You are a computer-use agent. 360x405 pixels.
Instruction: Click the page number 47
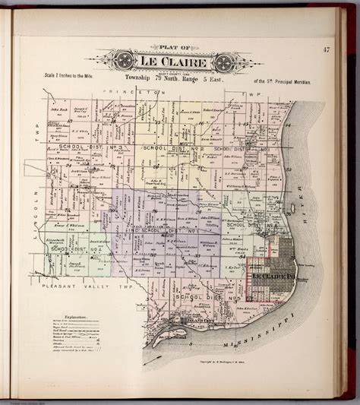pos(325,51)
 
